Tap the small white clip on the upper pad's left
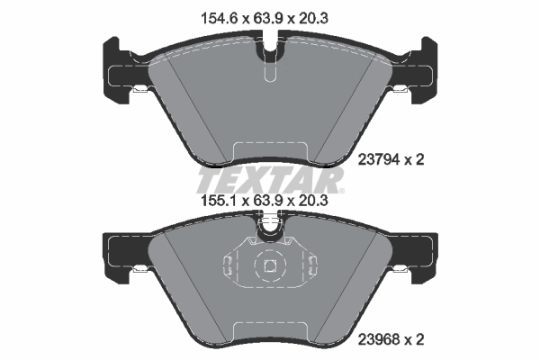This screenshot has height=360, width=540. [x=140, y=88]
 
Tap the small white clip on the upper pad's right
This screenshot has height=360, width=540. [x=400, y=88]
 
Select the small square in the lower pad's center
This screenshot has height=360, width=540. [x=269, y=266]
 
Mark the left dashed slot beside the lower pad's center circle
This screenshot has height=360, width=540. [x=229, y=265]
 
